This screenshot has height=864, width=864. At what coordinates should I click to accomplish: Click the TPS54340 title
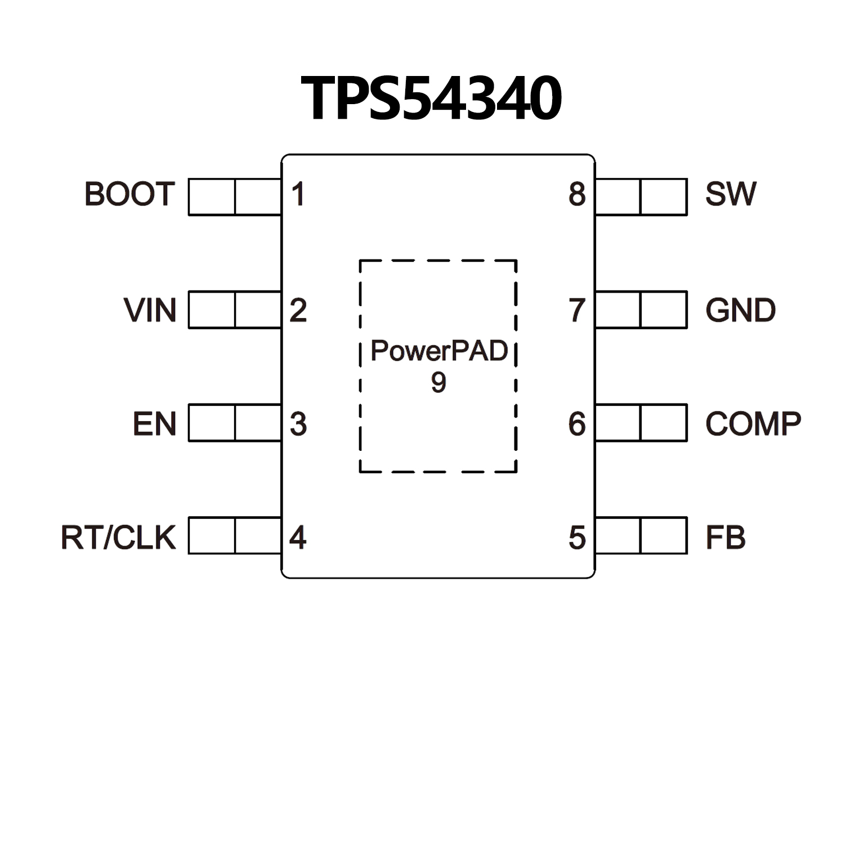431,99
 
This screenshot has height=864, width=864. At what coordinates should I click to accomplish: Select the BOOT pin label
129,194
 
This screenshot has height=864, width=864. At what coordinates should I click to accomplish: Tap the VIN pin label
150,310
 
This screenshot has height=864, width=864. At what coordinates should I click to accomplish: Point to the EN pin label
154,424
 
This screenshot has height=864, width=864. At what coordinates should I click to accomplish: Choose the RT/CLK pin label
118,538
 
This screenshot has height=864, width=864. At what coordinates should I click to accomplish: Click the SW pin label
731,194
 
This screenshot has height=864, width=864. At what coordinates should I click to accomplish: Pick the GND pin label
740,310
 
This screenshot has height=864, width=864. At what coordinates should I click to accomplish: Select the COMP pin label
753,424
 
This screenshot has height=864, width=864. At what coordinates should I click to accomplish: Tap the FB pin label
726,538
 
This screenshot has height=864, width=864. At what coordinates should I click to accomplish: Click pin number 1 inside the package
298,194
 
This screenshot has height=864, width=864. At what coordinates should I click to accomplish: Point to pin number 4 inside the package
298,538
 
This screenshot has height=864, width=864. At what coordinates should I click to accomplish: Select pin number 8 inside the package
577,194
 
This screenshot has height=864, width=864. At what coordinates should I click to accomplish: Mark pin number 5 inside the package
577,538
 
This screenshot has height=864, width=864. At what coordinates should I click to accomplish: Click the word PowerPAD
439,351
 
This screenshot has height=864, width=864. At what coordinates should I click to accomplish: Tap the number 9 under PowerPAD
438,382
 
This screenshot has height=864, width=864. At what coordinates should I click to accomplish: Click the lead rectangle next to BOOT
235,197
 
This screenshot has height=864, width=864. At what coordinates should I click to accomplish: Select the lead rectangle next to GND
641,310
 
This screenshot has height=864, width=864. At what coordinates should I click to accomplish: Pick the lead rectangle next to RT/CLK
235,535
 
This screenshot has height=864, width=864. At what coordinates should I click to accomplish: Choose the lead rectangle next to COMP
641,423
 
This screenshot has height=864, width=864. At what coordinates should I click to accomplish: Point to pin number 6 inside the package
577,424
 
